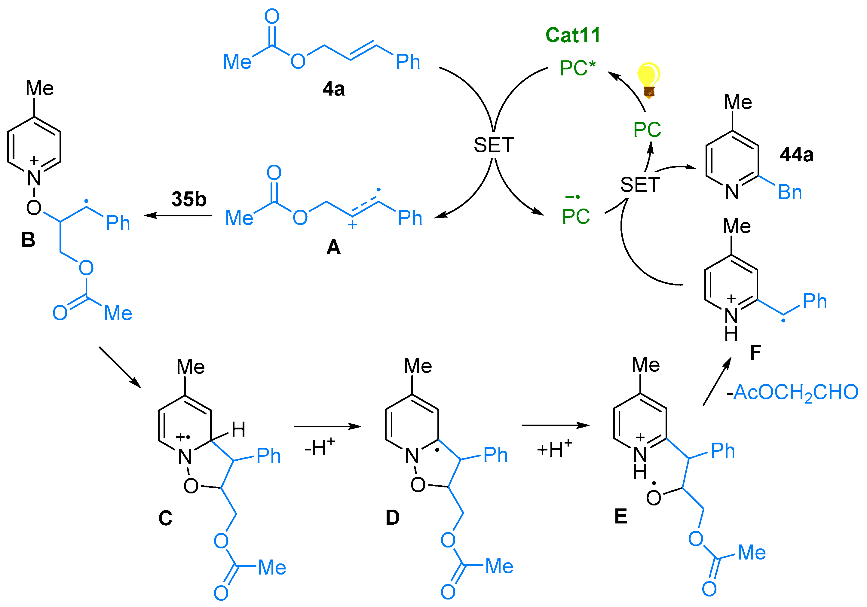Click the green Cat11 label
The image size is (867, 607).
572,35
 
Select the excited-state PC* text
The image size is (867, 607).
577,68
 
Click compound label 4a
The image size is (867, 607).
333,89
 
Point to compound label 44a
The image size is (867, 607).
796,155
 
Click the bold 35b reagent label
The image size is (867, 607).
189,199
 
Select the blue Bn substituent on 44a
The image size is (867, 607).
789,193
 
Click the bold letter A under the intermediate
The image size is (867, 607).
333,248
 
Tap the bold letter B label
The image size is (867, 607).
28,240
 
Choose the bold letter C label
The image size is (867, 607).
165,518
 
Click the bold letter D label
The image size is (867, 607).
392,517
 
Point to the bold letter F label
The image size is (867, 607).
755,352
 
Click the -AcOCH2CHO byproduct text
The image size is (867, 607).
792,392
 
